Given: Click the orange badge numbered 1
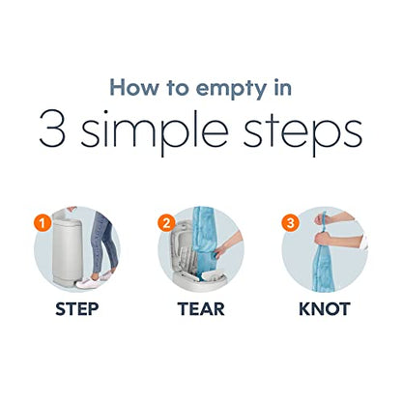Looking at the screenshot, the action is click(x=42, y=223).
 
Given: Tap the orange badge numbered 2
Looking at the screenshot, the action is click(x=166, y=223).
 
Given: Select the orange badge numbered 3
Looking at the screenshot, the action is click(x=290, y=223).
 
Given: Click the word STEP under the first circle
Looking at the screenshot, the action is click(x=77, y=309).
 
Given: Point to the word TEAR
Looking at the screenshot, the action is click(x=201, y=309).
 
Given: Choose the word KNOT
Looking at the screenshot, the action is click(x=325, y=309).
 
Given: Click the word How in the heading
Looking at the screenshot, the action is click(x=134, y=87).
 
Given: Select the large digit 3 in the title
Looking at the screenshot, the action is click(x=52, y=129).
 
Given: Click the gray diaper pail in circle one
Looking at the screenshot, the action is click(x=67, y=248).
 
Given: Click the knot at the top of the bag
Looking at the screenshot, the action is click(x=321, y=219).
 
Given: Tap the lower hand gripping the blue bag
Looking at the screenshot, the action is click(x=322, y=241).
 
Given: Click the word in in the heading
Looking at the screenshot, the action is click(x=283, y=87).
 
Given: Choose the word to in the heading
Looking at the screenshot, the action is click(x=178, y=88).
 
